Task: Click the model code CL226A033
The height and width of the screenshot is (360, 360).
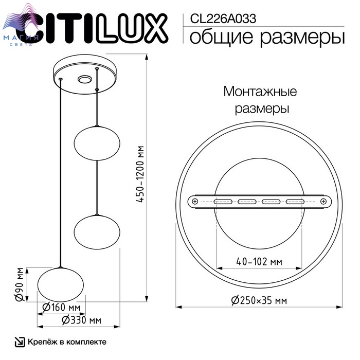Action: point(223,19)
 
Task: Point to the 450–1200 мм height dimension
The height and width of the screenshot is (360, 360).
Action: point(140,174)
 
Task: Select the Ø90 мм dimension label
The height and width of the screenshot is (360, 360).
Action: point(20,284)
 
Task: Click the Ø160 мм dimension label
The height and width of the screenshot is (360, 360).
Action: point(61,308)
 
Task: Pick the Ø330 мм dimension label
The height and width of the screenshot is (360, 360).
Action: point(81,320)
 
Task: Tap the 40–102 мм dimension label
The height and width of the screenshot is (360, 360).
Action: point(259,261)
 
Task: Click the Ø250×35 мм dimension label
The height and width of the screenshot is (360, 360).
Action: point(259,300)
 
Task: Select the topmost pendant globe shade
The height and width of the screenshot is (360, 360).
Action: point(97,143)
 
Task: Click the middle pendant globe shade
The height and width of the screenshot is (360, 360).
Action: point(97,232)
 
